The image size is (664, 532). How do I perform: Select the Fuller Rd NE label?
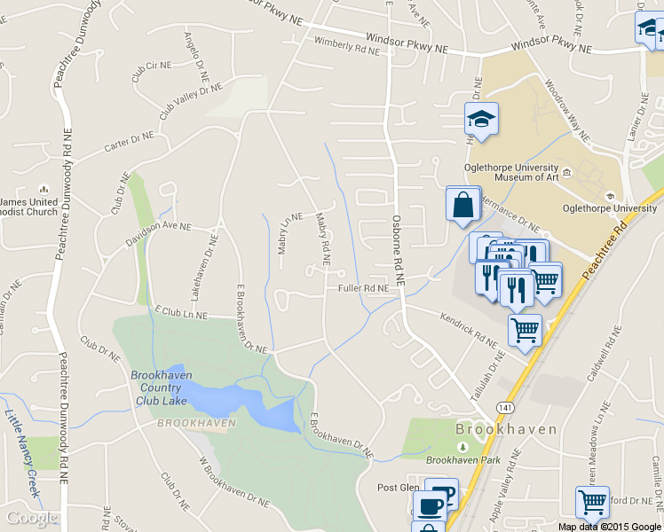363,288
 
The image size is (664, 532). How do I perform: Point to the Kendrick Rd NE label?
471,331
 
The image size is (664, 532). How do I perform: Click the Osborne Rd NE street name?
399,252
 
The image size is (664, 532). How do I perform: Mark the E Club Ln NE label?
181,313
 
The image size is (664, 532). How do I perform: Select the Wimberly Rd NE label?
346,46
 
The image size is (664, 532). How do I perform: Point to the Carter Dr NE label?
130,143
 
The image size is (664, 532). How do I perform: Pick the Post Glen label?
398,488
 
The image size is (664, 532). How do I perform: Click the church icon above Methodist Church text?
43,190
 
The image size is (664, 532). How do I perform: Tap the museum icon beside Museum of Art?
566,170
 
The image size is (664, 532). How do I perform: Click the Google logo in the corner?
32,518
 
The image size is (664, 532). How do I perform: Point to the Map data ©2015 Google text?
610,527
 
